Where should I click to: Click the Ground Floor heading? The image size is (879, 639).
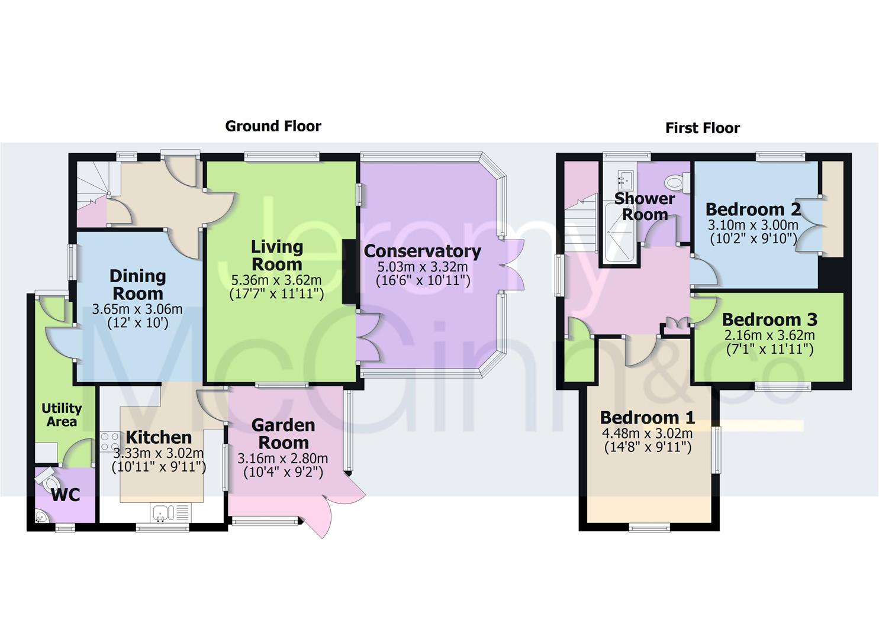[x=273, y=126]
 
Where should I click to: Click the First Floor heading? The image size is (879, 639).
[x=702, y=128]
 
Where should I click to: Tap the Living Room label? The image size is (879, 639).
[x=276, y=256]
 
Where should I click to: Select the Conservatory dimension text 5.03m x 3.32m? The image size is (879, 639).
[x=423, y=267]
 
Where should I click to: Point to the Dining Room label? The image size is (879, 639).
[x=137, y=285]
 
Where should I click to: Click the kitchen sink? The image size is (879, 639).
[x=160, y=512]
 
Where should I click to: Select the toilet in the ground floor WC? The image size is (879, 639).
[x=46, y=478]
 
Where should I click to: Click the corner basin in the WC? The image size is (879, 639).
[x=41, y=517]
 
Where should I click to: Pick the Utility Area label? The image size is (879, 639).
[x=62, y=415]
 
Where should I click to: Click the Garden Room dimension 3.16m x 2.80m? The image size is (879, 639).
[x=282, y=459]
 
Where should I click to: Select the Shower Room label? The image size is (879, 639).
[x=645, y=206]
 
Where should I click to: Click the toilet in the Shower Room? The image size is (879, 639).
[x=676, y=182]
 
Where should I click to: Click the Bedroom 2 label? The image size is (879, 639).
[x=752, y=209]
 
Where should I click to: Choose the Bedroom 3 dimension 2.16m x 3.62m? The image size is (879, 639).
[x=769, y=335]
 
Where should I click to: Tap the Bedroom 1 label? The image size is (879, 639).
[x=647, y=418]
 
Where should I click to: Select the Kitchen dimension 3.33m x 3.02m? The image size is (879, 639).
[x=159, y=453]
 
